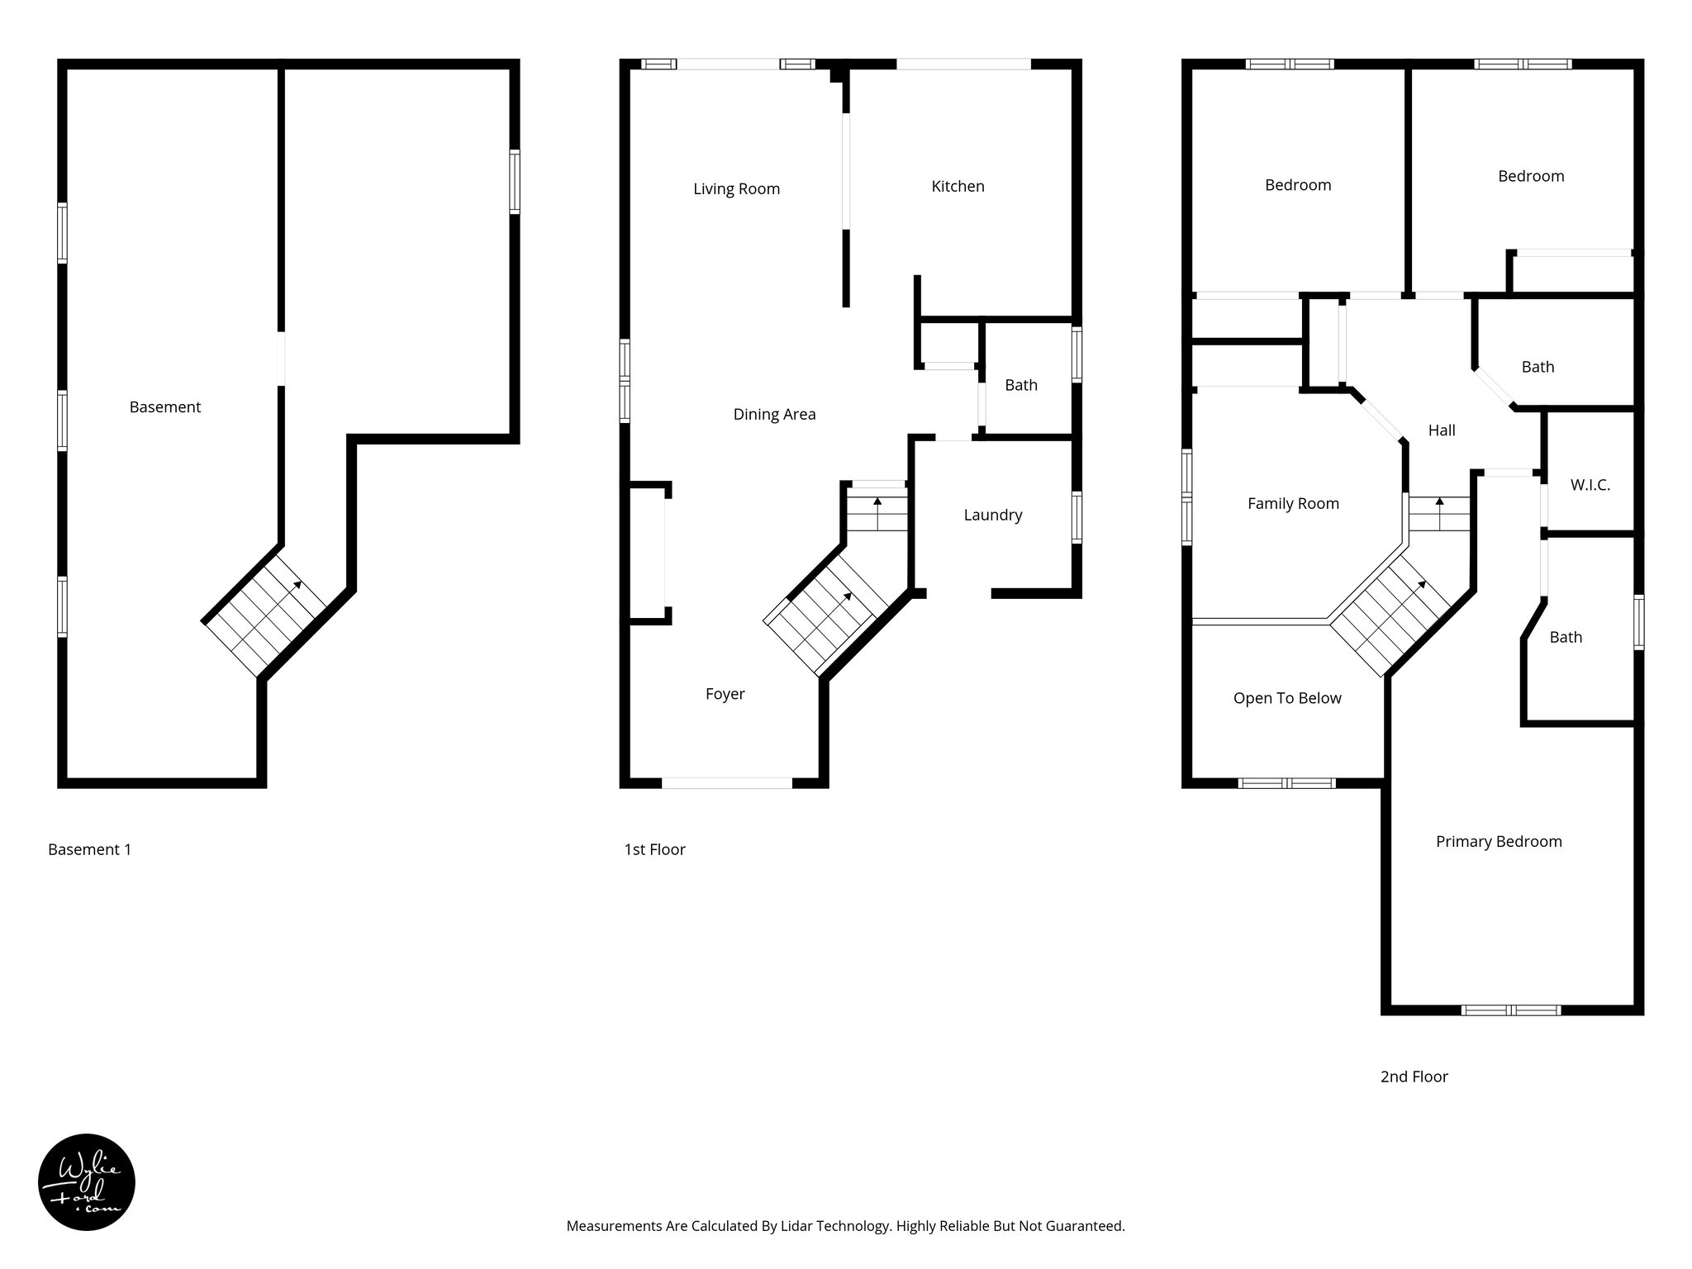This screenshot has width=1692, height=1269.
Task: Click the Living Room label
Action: point(736,189)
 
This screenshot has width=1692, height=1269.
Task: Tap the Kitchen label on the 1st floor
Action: point(958,187)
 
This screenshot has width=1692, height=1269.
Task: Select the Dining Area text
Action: point(774,415)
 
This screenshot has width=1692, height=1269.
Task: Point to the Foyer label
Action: point(725,694)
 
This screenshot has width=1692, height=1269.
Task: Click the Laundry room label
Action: point(992,516)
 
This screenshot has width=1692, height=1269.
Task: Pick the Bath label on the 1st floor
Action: point(1021,385)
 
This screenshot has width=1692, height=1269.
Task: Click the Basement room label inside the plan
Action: point(165,407)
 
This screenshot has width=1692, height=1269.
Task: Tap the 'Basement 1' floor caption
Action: point(89,849)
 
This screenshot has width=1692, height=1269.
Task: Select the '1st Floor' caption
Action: point(654,849)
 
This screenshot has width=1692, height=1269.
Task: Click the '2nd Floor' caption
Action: point(1414,1077)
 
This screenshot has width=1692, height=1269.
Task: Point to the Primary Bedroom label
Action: point(1499,842)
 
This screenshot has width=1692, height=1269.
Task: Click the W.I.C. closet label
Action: point(1590,485)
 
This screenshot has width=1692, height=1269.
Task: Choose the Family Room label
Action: point(1293,504)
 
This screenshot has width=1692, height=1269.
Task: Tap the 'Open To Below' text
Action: point(1287,698)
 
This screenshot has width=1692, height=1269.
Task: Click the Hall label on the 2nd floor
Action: point(1442,430)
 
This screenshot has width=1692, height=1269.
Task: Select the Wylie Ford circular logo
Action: point(87,1182)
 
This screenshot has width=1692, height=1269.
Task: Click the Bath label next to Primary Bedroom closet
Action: point(1566,637)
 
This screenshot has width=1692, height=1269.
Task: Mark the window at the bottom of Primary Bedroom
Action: point(1510,1010)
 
